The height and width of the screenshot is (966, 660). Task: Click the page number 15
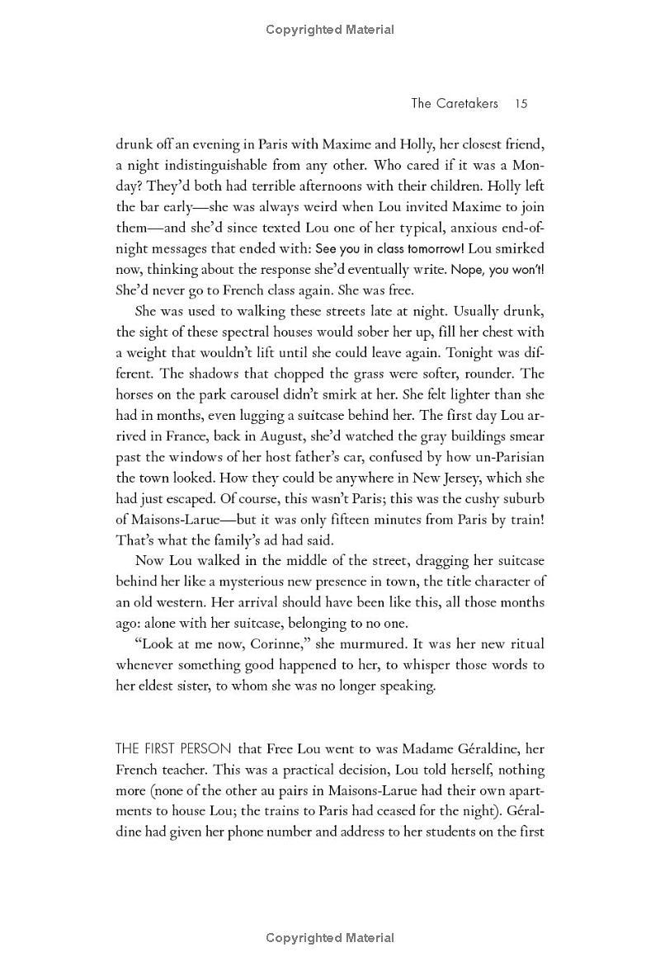pos(520,103)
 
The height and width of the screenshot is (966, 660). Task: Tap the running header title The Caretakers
pos(455,103)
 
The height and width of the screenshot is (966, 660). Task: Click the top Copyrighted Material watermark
pos(330,30)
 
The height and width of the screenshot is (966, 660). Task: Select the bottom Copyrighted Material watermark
pos(330,937)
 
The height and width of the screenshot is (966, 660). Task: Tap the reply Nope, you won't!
pos(497,269)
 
